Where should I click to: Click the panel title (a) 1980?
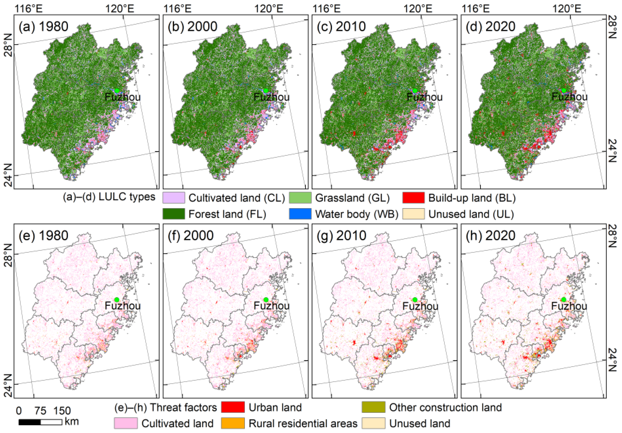[x=43, y=27]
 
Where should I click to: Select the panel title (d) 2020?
[x=491, y=27]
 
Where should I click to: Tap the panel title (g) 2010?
[x=342, y=236]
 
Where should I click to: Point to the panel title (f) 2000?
[x=191, y=236]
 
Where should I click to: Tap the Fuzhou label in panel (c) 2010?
[x=424, y=97]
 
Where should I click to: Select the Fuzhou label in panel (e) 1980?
[x=123, y=306]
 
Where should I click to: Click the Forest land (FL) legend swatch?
[x=174, y=214]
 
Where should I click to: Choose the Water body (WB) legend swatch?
[x=300, y=214]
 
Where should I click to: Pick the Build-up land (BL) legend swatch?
[x=413, y=198]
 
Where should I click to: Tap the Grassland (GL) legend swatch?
[x=300, y=198]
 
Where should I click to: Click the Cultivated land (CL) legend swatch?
[x=174, y=198]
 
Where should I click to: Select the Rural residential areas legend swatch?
[x=233, y=423]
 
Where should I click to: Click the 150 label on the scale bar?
[x=62, y=411]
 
